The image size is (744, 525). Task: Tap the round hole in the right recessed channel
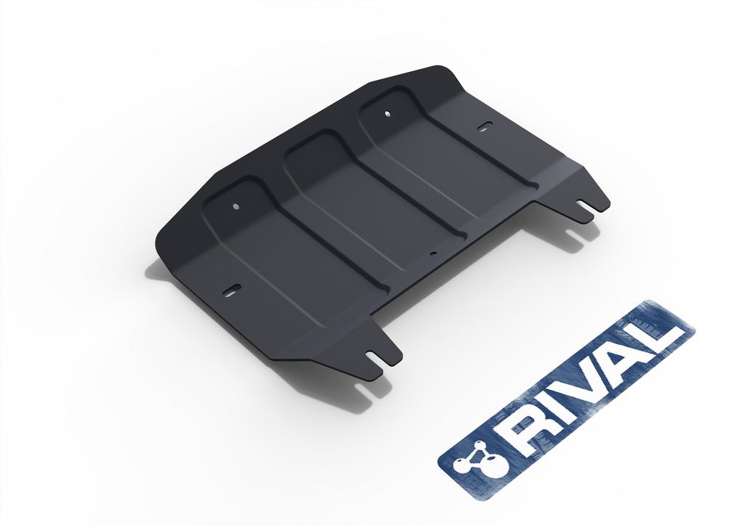point(387,113)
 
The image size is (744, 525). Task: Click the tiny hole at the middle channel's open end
point(432,254)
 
